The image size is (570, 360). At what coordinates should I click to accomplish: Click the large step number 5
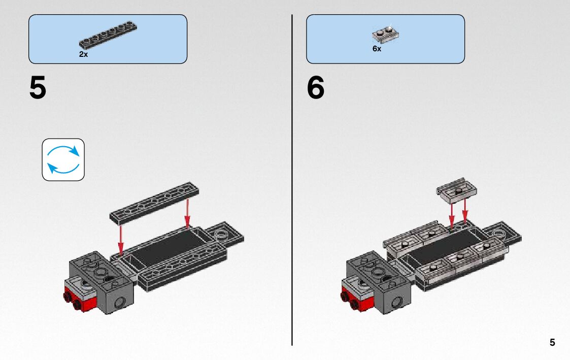pyautogui.click(x=38, y=87)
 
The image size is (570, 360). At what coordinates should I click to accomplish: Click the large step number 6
pyautogui.click(x=316, y=87)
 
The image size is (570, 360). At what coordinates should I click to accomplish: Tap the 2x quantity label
pyautogui.click(x=83, y=54)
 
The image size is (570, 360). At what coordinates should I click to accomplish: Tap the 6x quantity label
pyautogui.click(x=377, y=49)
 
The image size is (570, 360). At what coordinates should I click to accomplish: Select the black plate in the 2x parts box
pyautogui.click(x=108, y=35)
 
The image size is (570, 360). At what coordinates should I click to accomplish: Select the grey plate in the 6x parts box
pyautogui.click(x=386, y=34)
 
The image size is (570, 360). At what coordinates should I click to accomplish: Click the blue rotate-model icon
pyautogui.click(x=63, y=159)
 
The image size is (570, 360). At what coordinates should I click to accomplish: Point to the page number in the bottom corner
pyautogui.click(x=552, y=342)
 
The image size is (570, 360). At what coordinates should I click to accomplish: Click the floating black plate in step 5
pyautogui.click(x=154, y=201)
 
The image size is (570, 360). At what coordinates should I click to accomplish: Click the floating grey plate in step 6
pyautogui.click(x=457, y=190)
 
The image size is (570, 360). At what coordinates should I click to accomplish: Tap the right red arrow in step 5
pyautogui.click(x=187, y=213)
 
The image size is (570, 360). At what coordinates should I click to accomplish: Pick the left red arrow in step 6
pyautogui.click(x=452, y=215)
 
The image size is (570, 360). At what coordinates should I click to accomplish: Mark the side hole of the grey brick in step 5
pyautogui.click(x=120, y=302)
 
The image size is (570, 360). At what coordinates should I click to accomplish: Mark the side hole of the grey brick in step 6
pyautogui.click(x=397, y=302)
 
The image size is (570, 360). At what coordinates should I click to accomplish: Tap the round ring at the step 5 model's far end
pyautogui.click(x=222, y=235)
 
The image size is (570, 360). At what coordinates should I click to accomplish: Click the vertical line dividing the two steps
pyautogui.click(x=292, y=180)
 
